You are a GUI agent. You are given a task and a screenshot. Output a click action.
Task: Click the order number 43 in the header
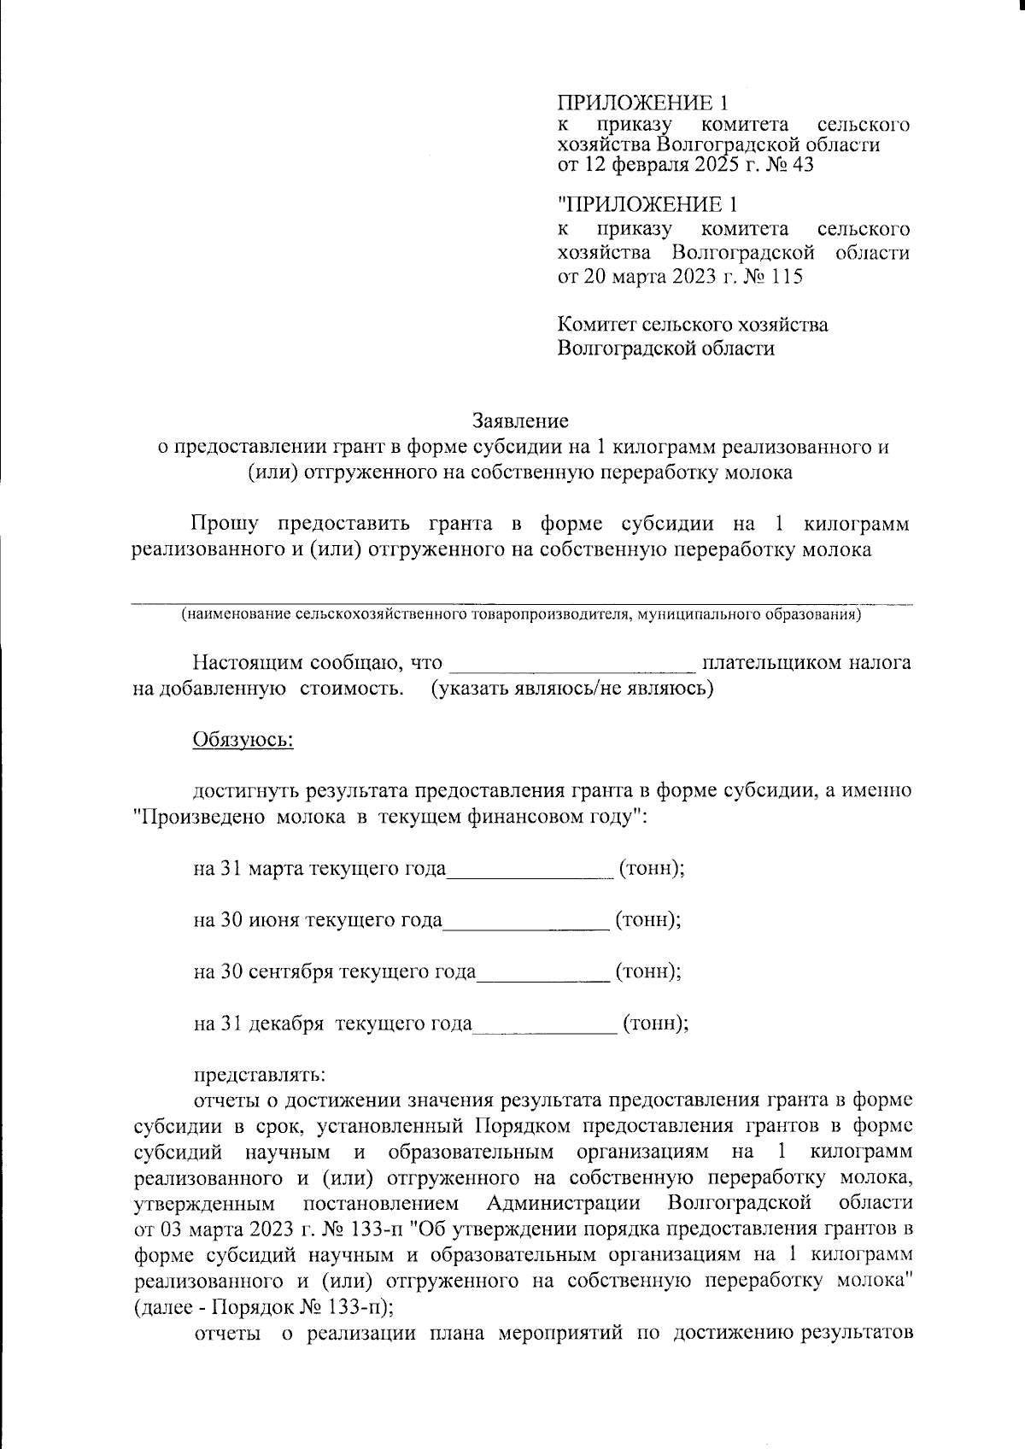pos(802,165)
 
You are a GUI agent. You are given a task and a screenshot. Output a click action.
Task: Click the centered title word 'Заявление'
pos(520,421)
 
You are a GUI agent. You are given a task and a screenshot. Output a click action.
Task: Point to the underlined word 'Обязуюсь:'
pos(243,740)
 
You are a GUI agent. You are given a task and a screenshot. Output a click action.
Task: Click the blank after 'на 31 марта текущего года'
pos(530,871)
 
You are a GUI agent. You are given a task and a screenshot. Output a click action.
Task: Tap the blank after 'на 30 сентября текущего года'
pos(542,974)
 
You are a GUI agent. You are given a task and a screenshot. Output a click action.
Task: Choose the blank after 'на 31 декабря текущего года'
pos(544,1025)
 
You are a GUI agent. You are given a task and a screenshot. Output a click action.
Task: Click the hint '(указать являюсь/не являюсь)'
pos(571,689)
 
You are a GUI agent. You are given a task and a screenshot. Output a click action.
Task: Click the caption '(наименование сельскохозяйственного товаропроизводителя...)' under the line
pos(520,614)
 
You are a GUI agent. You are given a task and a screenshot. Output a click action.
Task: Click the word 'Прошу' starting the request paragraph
pos(225,523)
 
